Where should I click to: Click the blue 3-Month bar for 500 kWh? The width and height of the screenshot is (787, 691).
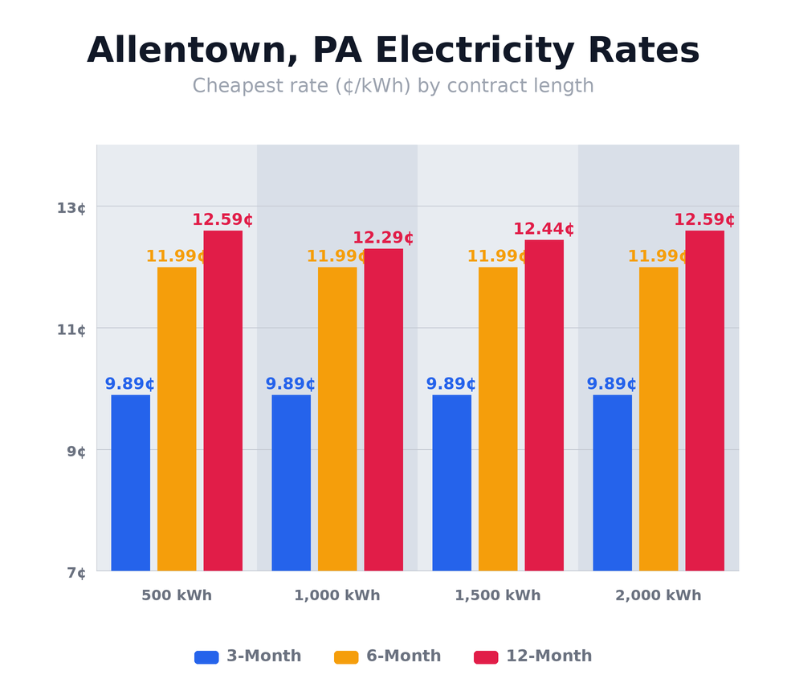click(x=130, y=482)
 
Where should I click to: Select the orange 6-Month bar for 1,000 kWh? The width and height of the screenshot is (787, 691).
click(x=337, y=418)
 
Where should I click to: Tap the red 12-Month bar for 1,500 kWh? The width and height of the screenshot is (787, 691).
click(x=544, y=405)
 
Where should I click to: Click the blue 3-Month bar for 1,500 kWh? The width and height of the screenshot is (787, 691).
click(x=451, y=482)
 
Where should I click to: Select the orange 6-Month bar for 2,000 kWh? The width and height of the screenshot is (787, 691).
click(x=659, y=418)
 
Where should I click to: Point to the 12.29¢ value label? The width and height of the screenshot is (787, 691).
click(x=383, y=238)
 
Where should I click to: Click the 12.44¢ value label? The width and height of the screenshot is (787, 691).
click(x=544, y=229)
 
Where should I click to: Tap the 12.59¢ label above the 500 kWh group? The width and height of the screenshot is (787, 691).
click(x=222, y=219)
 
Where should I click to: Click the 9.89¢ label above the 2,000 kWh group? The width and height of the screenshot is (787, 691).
click(x=611, y=384)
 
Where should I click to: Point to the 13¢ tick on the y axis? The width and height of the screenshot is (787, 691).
click(x=71, y=208)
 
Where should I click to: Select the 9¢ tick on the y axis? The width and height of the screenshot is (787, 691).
click(x=76, y=452)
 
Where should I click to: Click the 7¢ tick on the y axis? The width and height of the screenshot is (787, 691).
click(x=76, y=573)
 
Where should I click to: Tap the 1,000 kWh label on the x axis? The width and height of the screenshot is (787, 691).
click(x=337, y=595)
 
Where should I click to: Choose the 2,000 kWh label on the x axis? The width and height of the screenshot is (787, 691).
click(x=659, y=595)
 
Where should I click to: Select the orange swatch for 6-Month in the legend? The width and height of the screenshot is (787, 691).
click(x=346, y=657)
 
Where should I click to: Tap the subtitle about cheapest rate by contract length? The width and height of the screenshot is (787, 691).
click(x=393, y=86)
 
